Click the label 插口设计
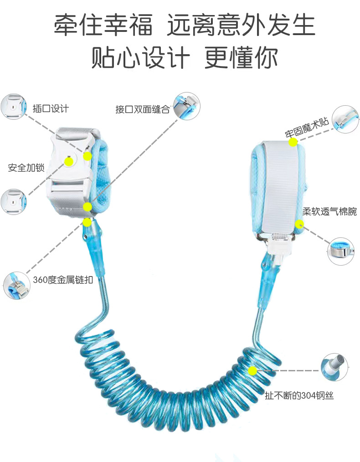pos(51,108)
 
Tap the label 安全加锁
pos(26,168)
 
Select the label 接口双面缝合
pos(142,109)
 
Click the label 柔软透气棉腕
pos(329,212)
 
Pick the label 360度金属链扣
pos(63,279)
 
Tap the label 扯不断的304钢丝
pos(299,395)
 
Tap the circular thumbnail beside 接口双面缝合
pos(186,106)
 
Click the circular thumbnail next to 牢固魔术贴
pos(346,119)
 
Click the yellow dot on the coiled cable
pos(253,371)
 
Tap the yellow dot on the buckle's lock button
pos(68,161)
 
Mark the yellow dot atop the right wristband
pos(293,142)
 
